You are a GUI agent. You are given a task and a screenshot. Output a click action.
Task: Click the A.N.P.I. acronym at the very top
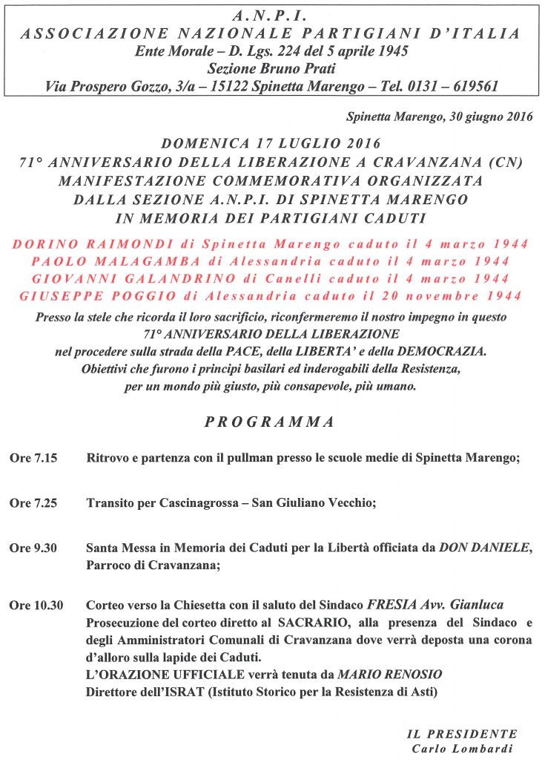pyautogui.click(x=271, y=14)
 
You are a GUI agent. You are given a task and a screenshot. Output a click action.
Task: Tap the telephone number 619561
pyautogui.click(x=472, y=87)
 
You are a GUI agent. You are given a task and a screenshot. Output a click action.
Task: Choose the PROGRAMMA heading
pyautogui.click(x=269, y=422)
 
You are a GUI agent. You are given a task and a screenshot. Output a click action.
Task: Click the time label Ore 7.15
pyautogui.click(x=33, y=459)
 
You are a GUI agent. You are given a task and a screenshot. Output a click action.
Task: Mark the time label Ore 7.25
pyautogui.click(x=33, y=503)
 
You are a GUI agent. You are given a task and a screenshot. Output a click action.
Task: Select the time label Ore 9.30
pyautogui.click(x=33, y=548)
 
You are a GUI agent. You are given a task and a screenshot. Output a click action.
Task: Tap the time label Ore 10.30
pyautogui.click(x=36, y=606)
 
